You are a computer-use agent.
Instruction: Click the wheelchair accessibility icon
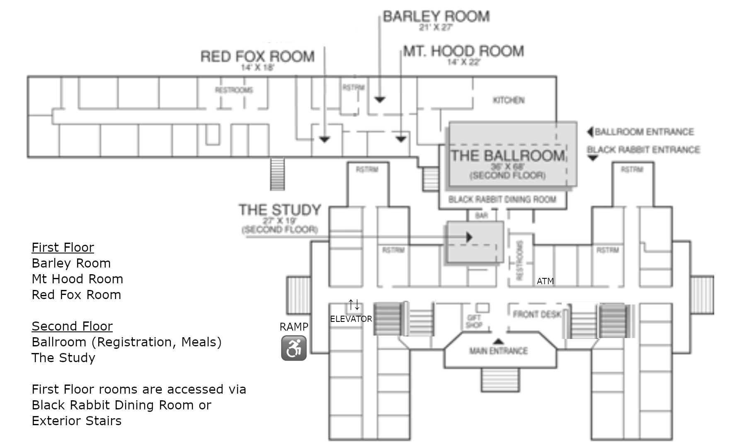[x=294, y=348]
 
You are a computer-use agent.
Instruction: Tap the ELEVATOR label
[x=351, y=319]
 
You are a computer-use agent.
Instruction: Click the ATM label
[x=545, y=281]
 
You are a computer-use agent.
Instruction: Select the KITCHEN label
[x=508, y=100]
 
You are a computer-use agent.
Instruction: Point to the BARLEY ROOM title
[x=436, y=17]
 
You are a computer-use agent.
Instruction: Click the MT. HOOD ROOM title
[x=463, y=51]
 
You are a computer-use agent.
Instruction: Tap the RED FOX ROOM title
[x=257, y=56]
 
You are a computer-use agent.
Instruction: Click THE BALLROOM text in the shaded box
[x=508, y=156]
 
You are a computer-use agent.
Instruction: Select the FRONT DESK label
[x=536, y=314]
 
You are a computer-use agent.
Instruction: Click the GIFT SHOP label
[x=474, y=321]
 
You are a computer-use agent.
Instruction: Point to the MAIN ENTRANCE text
[x=498, y=351]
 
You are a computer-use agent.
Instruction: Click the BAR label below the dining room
[x=481, y=216]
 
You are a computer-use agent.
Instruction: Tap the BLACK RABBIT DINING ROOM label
[x=502, y=200]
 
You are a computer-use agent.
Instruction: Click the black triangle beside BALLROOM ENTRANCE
[x=590, y=132]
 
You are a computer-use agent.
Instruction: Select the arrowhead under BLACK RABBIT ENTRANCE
[x=593, y=158]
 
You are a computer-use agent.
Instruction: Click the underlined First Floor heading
[x=63, y=248]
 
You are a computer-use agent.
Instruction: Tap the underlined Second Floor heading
[x=72, y=326]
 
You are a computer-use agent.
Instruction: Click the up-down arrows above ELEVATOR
[x=354, y=305]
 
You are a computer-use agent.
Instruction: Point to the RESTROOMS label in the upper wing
[x=234, y=90]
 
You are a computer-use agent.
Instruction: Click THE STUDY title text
[x=280, y=210]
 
